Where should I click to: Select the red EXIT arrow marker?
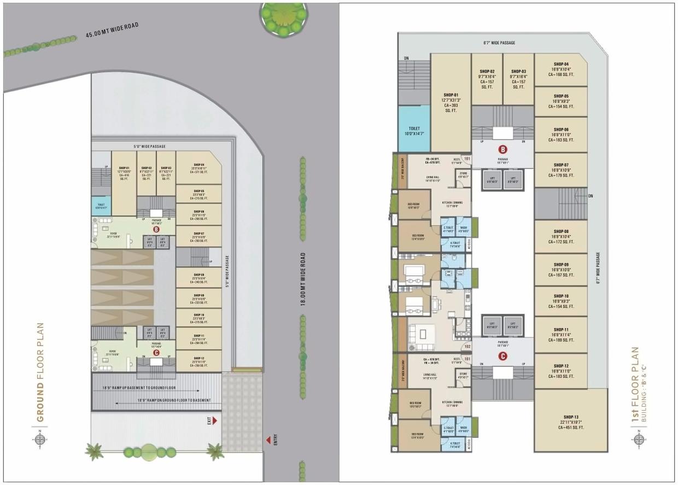[x=214, y=420]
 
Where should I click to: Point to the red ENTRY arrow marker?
[x=268, y=439]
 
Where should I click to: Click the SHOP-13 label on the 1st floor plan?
[x=570, y=422]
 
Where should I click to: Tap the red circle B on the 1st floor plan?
[x=502, y=149]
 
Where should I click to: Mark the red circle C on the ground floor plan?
[x=156, y=353]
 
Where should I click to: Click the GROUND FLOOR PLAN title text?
[x=40, y=372]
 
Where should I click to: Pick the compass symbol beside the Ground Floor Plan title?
[x=40, y=440]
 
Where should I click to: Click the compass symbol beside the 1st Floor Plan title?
[x=639, y=440]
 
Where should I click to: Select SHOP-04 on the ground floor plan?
[x=198, y=168]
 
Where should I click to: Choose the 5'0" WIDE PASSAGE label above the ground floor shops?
[x=149, y=147]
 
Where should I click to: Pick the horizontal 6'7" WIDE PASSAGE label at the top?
[x=499, y=43]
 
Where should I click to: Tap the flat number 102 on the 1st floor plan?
[x=467, y=346]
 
